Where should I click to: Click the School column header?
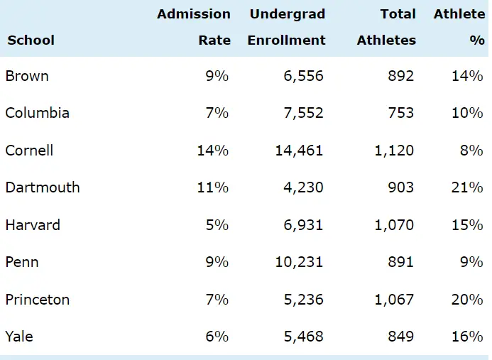pyautogui.click(x=31, y=40)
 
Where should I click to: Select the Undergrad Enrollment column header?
pyautogui.click(x=287, y=27)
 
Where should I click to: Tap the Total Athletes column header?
pyautogui.click(x=387, y=27)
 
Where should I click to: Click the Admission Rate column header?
pyautogui.click(x=194, y=27)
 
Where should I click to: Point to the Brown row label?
pyautogui.click(x=27, y=76)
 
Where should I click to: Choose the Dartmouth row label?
pyautogui.click(x=43, y=187)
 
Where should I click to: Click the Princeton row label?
pyautogui.click(x=38, y=299)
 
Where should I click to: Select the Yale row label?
pyautogui.click(x=19, y=337)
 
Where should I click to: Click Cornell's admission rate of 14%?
pyautogui.click(x=213, y=151)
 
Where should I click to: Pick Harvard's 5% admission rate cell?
pyautogui.click(x=217, y=225)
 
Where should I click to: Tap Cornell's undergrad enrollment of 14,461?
pyautogui.click(x=299, y=151)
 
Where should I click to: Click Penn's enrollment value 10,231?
pyautogui.click(x=299, y=262)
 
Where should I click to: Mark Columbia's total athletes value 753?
pyautogui.click(x=400, y=113)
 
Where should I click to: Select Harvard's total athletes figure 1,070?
pyautogui.click(x=394, y=225)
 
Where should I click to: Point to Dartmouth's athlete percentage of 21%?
pyautogui.click(x=467, y=187)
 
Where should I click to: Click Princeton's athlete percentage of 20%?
pyautogui.click(x=467, y=299)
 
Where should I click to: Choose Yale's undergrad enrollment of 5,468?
pyautogui.click(x=303, y=337)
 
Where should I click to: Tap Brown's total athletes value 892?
pyautogui.click(x=400, y=76)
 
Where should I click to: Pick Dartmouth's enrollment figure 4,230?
pyautogui.click(x=303, y=187)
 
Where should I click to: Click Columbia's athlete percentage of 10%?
pyautogui.click(x=467, y=113)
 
